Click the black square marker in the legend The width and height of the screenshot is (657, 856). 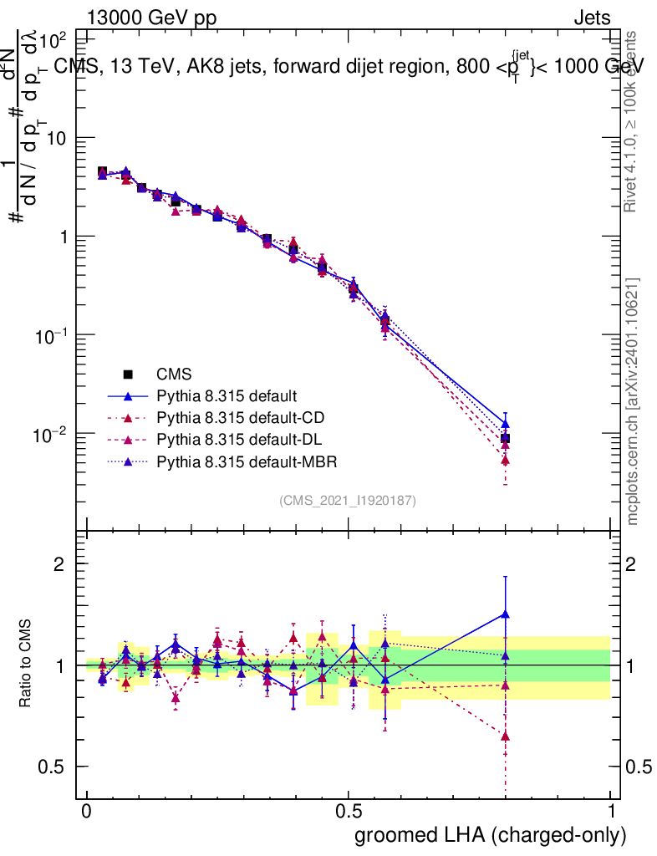[129, 374]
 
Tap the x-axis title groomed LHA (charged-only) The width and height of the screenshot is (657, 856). [491, 834]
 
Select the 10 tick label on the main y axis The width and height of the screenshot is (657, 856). [57, 138]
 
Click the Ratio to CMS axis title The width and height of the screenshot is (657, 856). [27, 664]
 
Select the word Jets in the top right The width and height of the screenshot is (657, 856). [592, 18]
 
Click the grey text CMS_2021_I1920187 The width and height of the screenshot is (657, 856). [348, 500]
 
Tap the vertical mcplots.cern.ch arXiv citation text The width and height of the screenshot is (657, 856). [634, 401]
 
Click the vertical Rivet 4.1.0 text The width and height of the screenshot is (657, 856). [634, 121]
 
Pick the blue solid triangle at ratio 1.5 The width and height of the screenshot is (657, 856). [505, 614]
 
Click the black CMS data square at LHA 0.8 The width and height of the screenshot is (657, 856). [505, 439]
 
